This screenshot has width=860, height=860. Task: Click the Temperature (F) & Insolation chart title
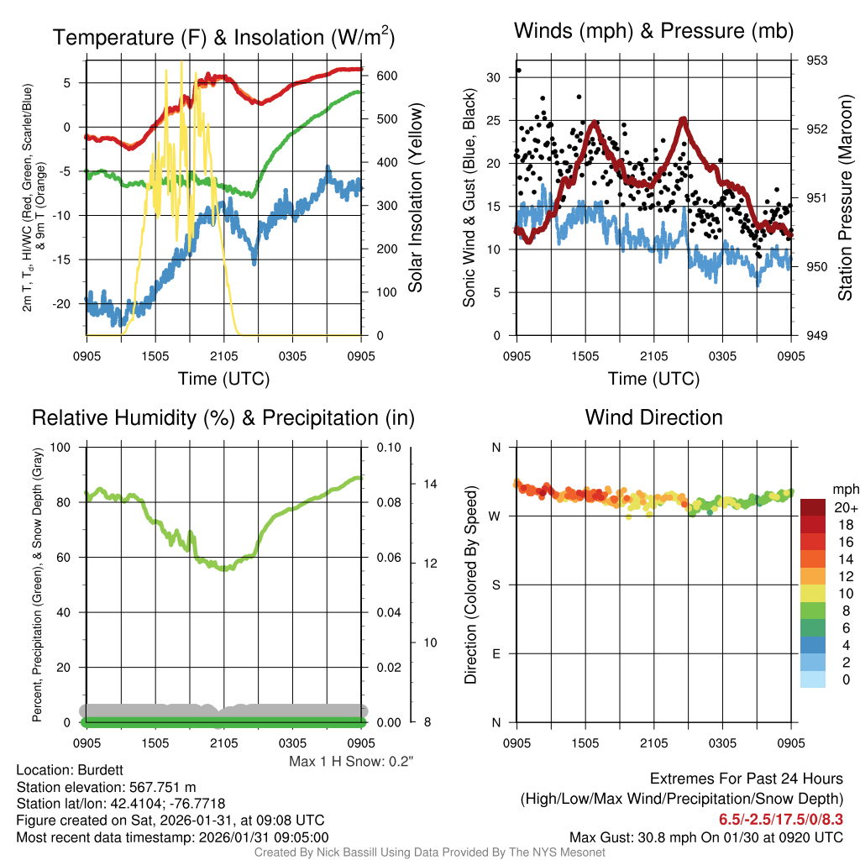click(223, 37)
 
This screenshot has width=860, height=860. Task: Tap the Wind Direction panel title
click(653, 417)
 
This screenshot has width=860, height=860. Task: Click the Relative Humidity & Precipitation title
click(223, 417)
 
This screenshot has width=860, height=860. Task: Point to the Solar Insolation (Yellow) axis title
click(415, 198)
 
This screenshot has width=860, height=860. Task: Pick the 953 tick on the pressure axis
click(817, 60)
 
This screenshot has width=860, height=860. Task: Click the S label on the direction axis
click(496, 585)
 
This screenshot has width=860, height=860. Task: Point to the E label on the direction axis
click(496, 653)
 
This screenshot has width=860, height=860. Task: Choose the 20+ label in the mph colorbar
click(845, 507)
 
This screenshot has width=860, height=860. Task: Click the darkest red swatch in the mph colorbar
click(813, 507)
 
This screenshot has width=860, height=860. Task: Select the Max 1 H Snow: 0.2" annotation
click(351, 762)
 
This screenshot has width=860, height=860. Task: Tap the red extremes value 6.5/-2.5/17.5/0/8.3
click(780, 819)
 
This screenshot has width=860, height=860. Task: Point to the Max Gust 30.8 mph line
click(705, 836)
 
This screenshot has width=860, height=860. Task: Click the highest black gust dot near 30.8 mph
click(518, 71)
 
